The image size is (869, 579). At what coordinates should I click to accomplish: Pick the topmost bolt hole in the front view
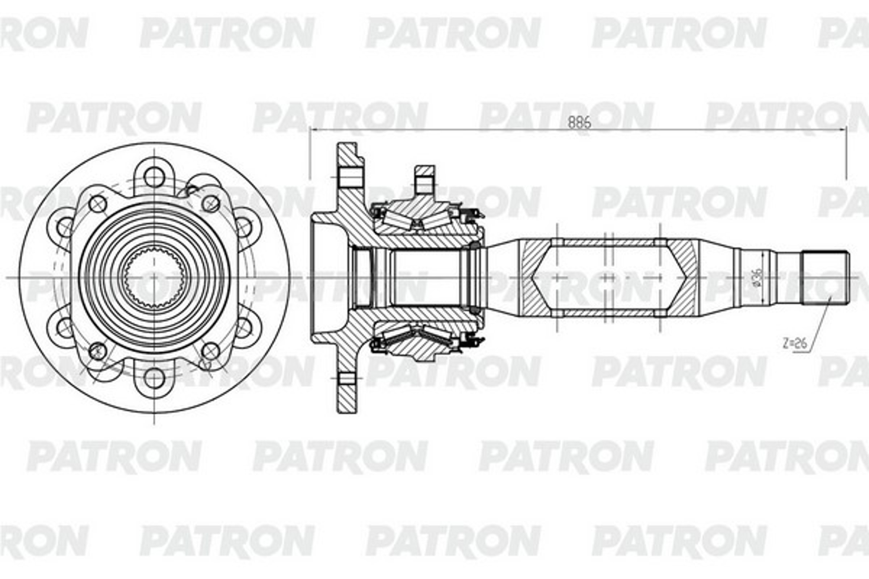pyautogui.click(x=154, y=177)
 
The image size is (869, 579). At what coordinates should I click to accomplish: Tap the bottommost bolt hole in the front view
pyautogui.click(x=154, y=378)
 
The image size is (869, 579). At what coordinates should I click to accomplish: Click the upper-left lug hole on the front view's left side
pyautogui.click(x=65, y=227)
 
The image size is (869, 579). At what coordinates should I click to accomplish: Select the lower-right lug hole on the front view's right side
pyautogui.click(x=243, y=327)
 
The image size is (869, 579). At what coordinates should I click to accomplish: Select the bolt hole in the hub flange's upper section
pyautogui.click(x=349, y=177)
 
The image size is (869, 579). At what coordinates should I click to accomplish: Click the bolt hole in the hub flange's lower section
pyautogui.click(x=347, y=378)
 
